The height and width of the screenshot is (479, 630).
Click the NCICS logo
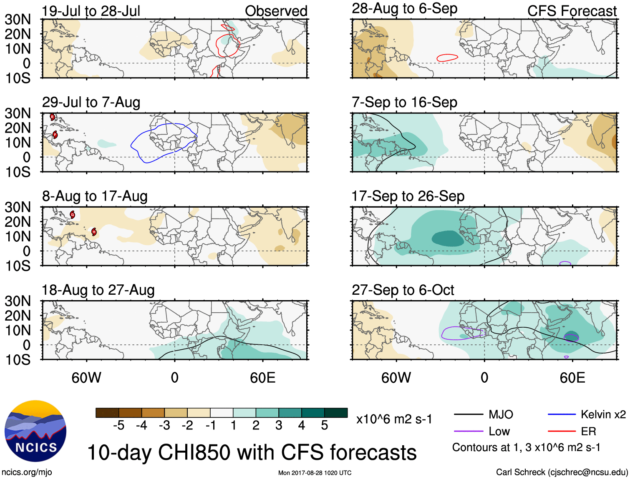tap(35, 431)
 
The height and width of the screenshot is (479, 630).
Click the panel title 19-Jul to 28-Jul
tap(91, 11)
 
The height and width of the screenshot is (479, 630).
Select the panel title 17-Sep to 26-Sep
tap(408, 196)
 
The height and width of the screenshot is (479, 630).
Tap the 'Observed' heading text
tap(276, 11)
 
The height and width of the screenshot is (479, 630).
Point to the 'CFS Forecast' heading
tap(572, 11)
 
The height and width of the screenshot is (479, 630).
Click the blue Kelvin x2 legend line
tap(562, 414)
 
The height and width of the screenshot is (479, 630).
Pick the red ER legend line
tap(562, 431)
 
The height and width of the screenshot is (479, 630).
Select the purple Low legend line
tap(468, 431)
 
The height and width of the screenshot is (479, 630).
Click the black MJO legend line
tap(468, 414)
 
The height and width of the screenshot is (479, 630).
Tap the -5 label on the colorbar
tap(118, 426)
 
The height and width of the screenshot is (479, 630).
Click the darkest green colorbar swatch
tap(336, 413)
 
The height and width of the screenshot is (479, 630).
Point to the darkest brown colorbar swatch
tap(107, 413)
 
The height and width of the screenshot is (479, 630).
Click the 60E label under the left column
tap(262, 378)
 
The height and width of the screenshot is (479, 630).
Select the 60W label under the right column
tap(396, 378)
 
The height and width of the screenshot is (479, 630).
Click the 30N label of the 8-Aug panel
tap(18, 207)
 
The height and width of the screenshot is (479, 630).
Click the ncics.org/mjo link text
tap(27, 472)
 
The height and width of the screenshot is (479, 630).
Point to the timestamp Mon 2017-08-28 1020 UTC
tap(315, 473)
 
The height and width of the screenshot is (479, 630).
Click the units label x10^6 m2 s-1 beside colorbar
tap(394, 419)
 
